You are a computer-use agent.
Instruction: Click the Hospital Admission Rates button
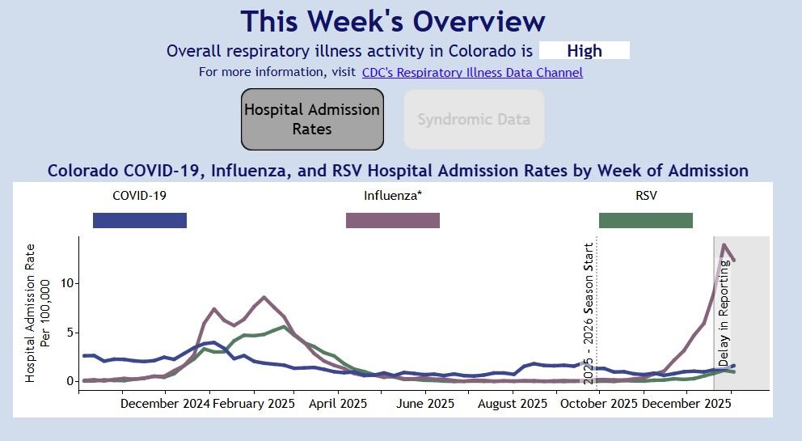(x=312, y=119)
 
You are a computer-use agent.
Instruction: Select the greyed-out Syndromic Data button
(x=474, y=119)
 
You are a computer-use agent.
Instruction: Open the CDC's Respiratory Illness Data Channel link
(x=472, y=72)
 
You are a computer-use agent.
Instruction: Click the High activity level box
(x=584, y=50)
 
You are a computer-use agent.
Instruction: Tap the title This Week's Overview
(x=393, y=21)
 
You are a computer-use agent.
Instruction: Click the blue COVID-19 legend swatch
(x=140, y=220)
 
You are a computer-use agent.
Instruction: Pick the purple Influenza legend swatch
(x=393, y=220)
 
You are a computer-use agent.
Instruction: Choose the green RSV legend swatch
(x=645, y=220)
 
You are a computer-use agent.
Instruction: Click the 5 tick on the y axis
(x=70, y=332)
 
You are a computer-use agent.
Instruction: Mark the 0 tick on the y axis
(x=70, y=381)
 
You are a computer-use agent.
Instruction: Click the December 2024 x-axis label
(x=165, y=403)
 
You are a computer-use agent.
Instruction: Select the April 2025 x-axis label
(x=338, y=403)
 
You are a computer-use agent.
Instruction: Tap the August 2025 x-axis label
(x=513, y=403)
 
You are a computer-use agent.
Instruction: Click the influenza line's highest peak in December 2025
(x=724, y=244)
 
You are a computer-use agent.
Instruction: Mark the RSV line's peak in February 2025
(x=281, y=327)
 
